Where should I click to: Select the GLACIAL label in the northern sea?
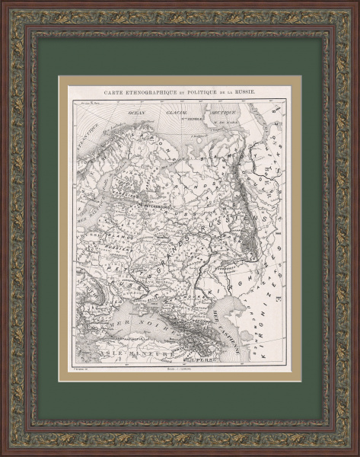click(172, 111)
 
